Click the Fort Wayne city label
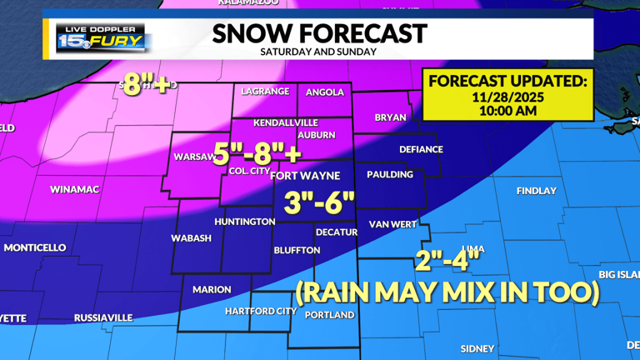(305, 175)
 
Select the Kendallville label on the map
(286, 121)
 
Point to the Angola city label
(325, 92)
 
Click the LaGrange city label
(265, 92)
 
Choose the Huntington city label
(244, 222)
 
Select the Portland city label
(329, 315)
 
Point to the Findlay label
(536, 191)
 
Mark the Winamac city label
(74, 189)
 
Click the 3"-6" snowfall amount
(319, 202)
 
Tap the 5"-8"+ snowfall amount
(257, 154)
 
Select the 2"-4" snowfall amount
(448, 261)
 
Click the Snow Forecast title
(319, 33)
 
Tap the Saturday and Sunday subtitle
(318, 52)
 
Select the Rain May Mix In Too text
(447, 292)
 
